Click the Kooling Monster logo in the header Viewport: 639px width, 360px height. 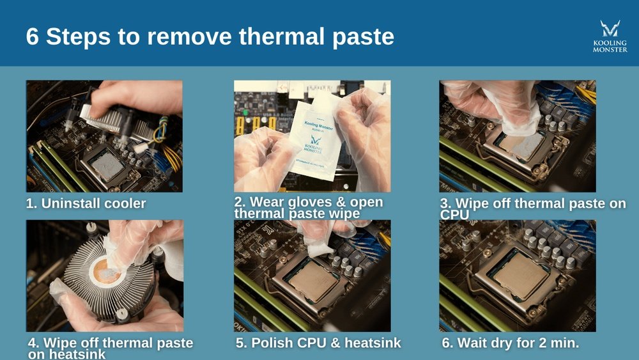click(x=610, y=36)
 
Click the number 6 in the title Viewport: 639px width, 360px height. click(x=33, y=36)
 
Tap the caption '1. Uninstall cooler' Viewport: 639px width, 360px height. click(x=86, y=204)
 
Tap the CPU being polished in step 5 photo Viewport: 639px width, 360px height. click(x=313, y=281)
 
